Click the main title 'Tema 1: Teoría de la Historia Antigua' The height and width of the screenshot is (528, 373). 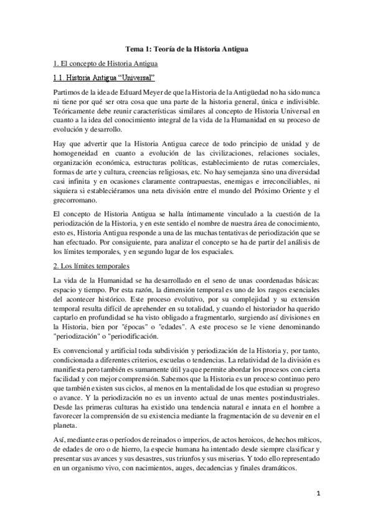tap(186, 49)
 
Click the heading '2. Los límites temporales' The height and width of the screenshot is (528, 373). tap(92, 266)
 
